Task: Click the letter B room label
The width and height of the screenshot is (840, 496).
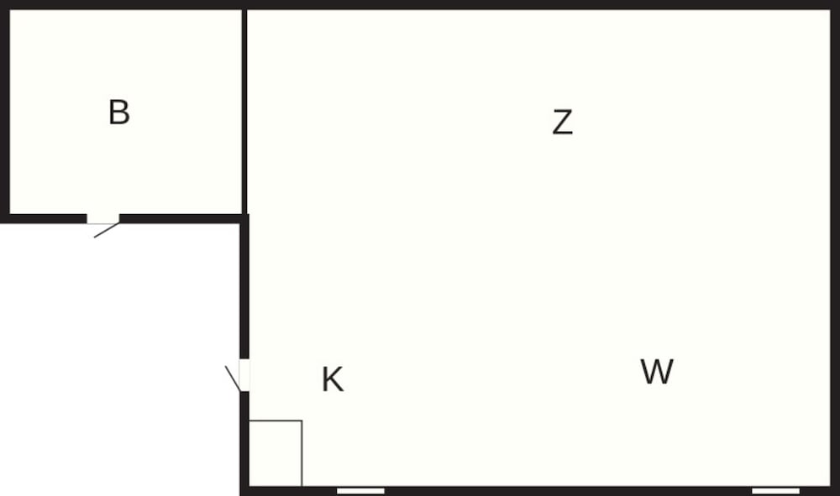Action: (119, 112)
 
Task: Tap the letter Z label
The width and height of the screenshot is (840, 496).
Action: (563, 122)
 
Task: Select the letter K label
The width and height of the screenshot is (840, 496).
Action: (332, 380)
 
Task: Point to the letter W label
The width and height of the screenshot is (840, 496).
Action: (657, 371)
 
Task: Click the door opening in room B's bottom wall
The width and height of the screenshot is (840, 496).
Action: (102, 219)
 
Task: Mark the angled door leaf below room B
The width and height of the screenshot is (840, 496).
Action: (107, 230)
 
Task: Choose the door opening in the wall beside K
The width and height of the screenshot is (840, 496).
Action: (244, 375)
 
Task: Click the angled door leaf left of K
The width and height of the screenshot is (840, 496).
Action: (233, 379)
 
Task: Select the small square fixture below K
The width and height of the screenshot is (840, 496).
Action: (276, 453)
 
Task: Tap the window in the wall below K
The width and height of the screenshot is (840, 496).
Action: (360, 491)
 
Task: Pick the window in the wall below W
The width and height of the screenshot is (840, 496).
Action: (775, 491)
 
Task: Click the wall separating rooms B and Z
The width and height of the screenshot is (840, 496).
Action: (244, 112)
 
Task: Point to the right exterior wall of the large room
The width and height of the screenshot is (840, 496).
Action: (835, 248)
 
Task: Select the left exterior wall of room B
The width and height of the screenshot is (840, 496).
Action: (5, 112)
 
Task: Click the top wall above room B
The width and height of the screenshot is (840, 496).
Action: (121, 5)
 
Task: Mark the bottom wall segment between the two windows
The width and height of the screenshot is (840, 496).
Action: (568, 491)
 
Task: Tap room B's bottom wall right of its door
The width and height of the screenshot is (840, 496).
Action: (182, 219)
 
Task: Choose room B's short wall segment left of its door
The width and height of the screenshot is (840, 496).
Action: (44, 219)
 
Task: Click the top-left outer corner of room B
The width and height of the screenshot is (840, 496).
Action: (1, 1)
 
